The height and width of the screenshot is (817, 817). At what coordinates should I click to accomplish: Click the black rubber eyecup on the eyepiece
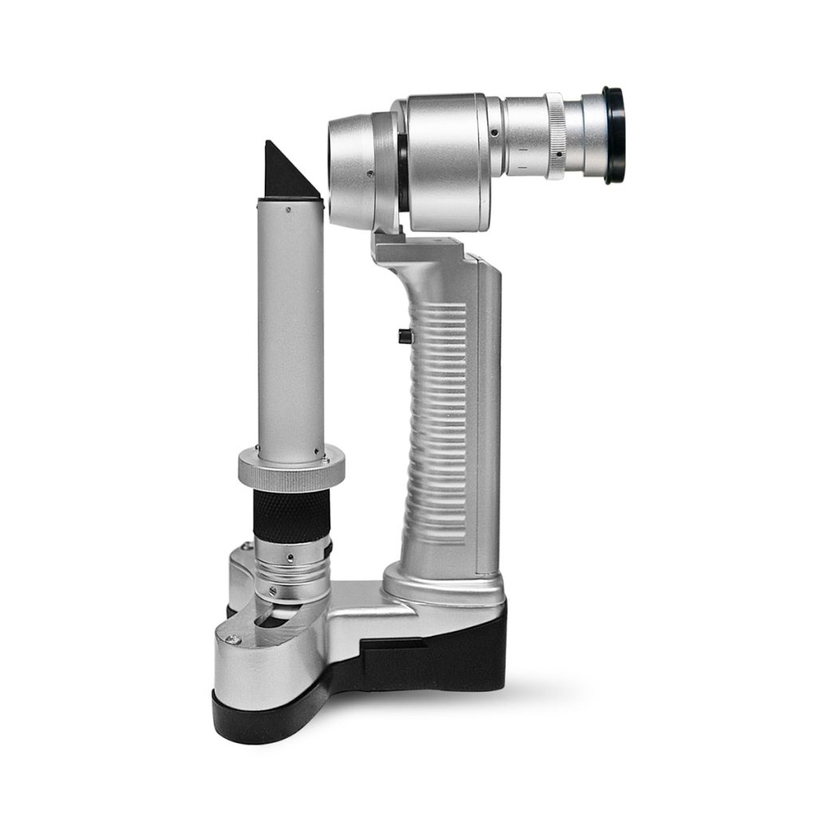pos(614,136)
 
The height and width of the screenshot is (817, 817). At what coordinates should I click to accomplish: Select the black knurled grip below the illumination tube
pos(291,515)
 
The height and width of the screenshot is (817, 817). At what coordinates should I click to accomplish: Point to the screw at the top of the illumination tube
pos(287,210)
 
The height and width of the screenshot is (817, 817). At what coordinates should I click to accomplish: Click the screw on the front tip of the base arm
pos(231,638)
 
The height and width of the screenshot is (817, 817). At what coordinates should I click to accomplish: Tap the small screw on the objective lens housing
pos(369,173)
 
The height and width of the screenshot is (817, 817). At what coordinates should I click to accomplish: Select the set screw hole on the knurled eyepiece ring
pos(558,154)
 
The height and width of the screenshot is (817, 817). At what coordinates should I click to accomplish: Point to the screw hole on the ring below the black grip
pos(290,558)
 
